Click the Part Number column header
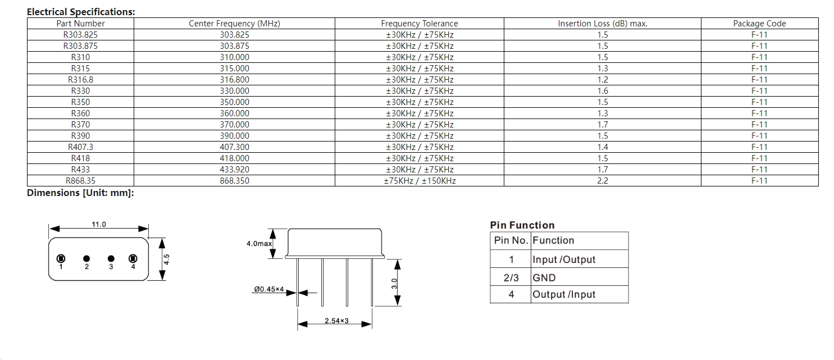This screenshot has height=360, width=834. coord(80,24)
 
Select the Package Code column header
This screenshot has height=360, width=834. coord(759,24)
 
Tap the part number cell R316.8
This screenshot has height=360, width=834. coord(80,80)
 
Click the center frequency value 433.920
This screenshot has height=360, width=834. coord(235,170)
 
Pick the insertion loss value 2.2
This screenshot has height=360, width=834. coord(603,181)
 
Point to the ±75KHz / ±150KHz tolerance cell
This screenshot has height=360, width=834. coord(420,181)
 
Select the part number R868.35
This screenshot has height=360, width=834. coord(80,181)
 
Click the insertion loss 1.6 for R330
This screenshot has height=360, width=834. coord(603,91)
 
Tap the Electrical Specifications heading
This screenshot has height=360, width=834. coord(81,12)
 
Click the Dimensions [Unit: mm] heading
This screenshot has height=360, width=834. coord(80,193)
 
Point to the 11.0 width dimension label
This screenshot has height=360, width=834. coord(99,224)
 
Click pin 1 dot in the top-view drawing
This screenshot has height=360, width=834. coord(61,258)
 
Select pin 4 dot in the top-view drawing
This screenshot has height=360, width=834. coord(133,258)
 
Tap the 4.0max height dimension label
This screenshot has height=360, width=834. coord(259,244)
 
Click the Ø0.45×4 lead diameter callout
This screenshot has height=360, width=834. coord(269,290)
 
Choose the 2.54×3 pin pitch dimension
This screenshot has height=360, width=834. coord(336,321)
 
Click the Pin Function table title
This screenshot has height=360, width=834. coord(522,225)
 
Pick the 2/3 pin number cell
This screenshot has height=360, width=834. coord(511,277)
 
